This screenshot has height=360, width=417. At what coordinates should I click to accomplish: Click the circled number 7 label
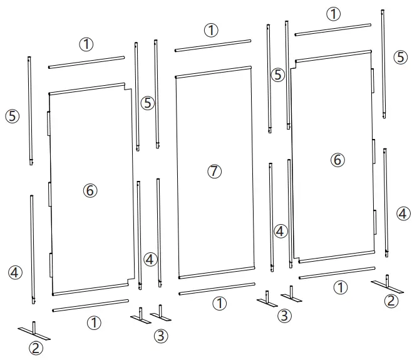coord(215,172)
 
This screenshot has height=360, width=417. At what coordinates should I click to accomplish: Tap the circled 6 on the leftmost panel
coord(90,190)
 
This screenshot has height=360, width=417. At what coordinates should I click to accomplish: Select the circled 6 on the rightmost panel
coord(337,160)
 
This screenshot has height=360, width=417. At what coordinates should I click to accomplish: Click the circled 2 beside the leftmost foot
coord(36,348)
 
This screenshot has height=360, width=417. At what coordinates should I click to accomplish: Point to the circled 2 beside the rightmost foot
coord(391,301)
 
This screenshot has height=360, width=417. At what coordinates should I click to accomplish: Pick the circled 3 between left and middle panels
coord(162,336)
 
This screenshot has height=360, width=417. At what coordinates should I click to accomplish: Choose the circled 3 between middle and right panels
coord(285,316)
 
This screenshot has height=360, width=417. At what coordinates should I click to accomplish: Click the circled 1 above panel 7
coord(212,29)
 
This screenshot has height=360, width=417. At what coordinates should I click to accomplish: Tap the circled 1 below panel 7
coord(219,304)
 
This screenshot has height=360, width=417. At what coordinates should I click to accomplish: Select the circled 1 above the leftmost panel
coord(86,44)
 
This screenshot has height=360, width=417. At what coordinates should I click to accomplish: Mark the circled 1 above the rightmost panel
coord(334,14)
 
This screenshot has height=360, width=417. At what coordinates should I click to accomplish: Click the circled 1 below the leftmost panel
coord(94,323)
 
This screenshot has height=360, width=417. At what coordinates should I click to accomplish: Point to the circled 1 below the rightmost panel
coord(340,288)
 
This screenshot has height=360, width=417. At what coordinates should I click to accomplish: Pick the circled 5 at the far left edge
coord(13,116)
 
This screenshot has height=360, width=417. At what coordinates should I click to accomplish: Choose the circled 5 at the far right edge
coord(401,57)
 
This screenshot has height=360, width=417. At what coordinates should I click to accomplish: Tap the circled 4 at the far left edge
coord(15,272)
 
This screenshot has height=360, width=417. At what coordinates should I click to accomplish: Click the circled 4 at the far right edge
coord(404,213)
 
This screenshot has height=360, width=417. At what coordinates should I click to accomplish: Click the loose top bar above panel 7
coord(213,46)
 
